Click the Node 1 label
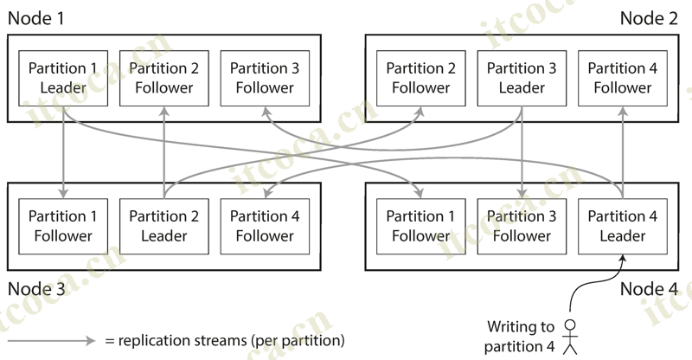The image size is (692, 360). (36, 18)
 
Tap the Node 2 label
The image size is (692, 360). (649, 18)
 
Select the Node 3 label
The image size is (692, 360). (36, 288)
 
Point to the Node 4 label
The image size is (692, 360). (649, 288)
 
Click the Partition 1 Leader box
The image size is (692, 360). (63, 78)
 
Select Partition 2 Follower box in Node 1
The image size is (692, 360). (164, 78)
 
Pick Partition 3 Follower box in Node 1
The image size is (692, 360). (265, 78)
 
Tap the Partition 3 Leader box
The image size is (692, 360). (522, 78)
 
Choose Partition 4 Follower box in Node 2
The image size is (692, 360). (623, 78)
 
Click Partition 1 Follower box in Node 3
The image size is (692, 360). (63, 226)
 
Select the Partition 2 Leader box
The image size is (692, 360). (164, 226)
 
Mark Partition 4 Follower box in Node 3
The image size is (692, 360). (265, 226)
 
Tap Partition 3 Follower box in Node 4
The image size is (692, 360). (522, 226)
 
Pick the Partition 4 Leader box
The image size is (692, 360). (623, 226)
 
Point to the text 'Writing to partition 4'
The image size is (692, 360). (520, 337)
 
